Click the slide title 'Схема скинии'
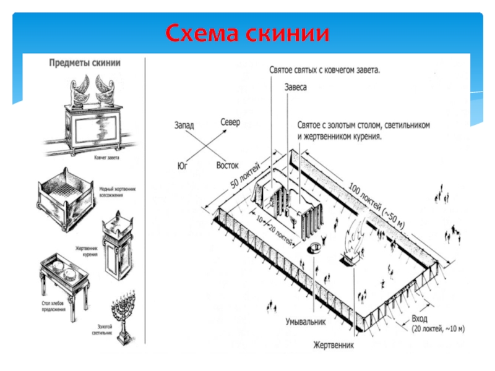pos(247,32)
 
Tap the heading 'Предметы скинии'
pos(84,62)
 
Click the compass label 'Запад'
pos(183,125)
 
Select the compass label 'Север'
pos(230,122)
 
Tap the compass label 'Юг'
pos(182,166)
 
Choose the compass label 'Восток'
pos(228,166)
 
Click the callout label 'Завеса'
pos(296,88)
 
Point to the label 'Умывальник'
pos(306,322)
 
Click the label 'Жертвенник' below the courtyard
pos(334,344)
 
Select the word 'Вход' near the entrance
pos(419,318)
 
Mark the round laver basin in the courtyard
pos(314,249)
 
